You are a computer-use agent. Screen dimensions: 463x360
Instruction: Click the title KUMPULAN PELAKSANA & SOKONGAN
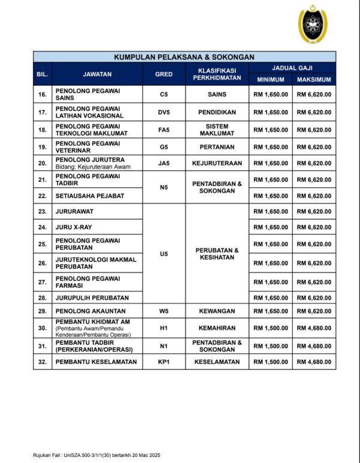[184, 57]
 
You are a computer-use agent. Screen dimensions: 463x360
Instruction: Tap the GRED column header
[164, 74]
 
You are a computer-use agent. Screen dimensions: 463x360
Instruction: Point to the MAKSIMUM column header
[314, 80]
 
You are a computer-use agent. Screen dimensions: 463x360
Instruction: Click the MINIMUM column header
[271, 80]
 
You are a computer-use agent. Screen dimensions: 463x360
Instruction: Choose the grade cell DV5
[164, 112]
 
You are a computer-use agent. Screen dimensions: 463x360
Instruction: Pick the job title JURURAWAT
[74, 211]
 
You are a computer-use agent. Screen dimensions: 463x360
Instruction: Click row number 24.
[42, 227]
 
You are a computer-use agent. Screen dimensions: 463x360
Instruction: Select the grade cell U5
[164, 254]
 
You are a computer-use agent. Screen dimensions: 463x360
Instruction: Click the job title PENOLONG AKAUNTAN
[90, 311]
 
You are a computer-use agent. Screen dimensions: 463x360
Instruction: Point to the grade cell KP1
[164, 362]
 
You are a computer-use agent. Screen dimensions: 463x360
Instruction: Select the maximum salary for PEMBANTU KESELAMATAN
[314, 362]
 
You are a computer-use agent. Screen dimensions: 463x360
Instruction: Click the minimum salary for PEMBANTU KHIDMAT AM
[271, 328]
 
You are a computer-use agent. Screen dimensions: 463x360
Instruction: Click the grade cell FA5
[164, 130]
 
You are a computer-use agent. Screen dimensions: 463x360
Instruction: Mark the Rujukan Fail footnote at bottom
[96, 455]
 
